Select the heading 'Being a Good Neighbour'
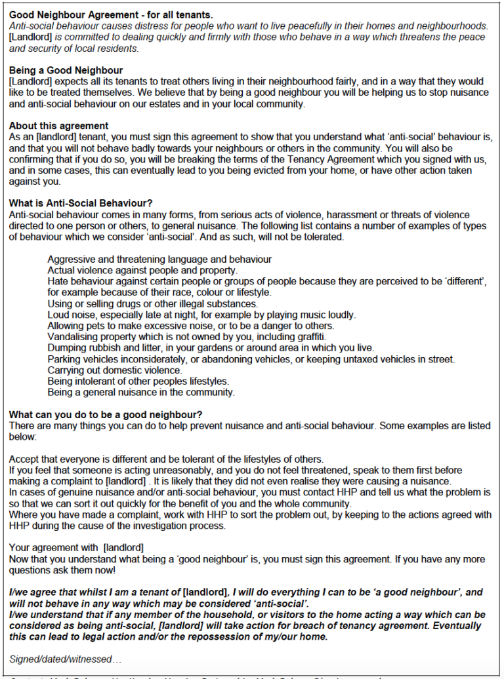(x=66, y=70)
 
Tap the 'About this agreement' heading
(x=59, y=125)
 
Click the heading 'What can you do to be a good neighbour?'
(x=106, y=415)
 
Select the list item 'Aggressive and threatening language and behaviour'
(x=159, y=260)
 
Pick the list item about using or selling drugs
(x=152, y=304)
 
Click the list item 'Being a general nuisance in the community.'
(x=140, y=393)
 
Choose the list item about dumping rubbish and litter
(x=210, y=348)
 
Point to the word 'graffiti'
(x=308, y=337)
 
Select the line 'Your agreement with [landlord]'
(x=76, y=547)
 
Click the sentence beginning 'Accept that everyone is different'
(x=167, y=459)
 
